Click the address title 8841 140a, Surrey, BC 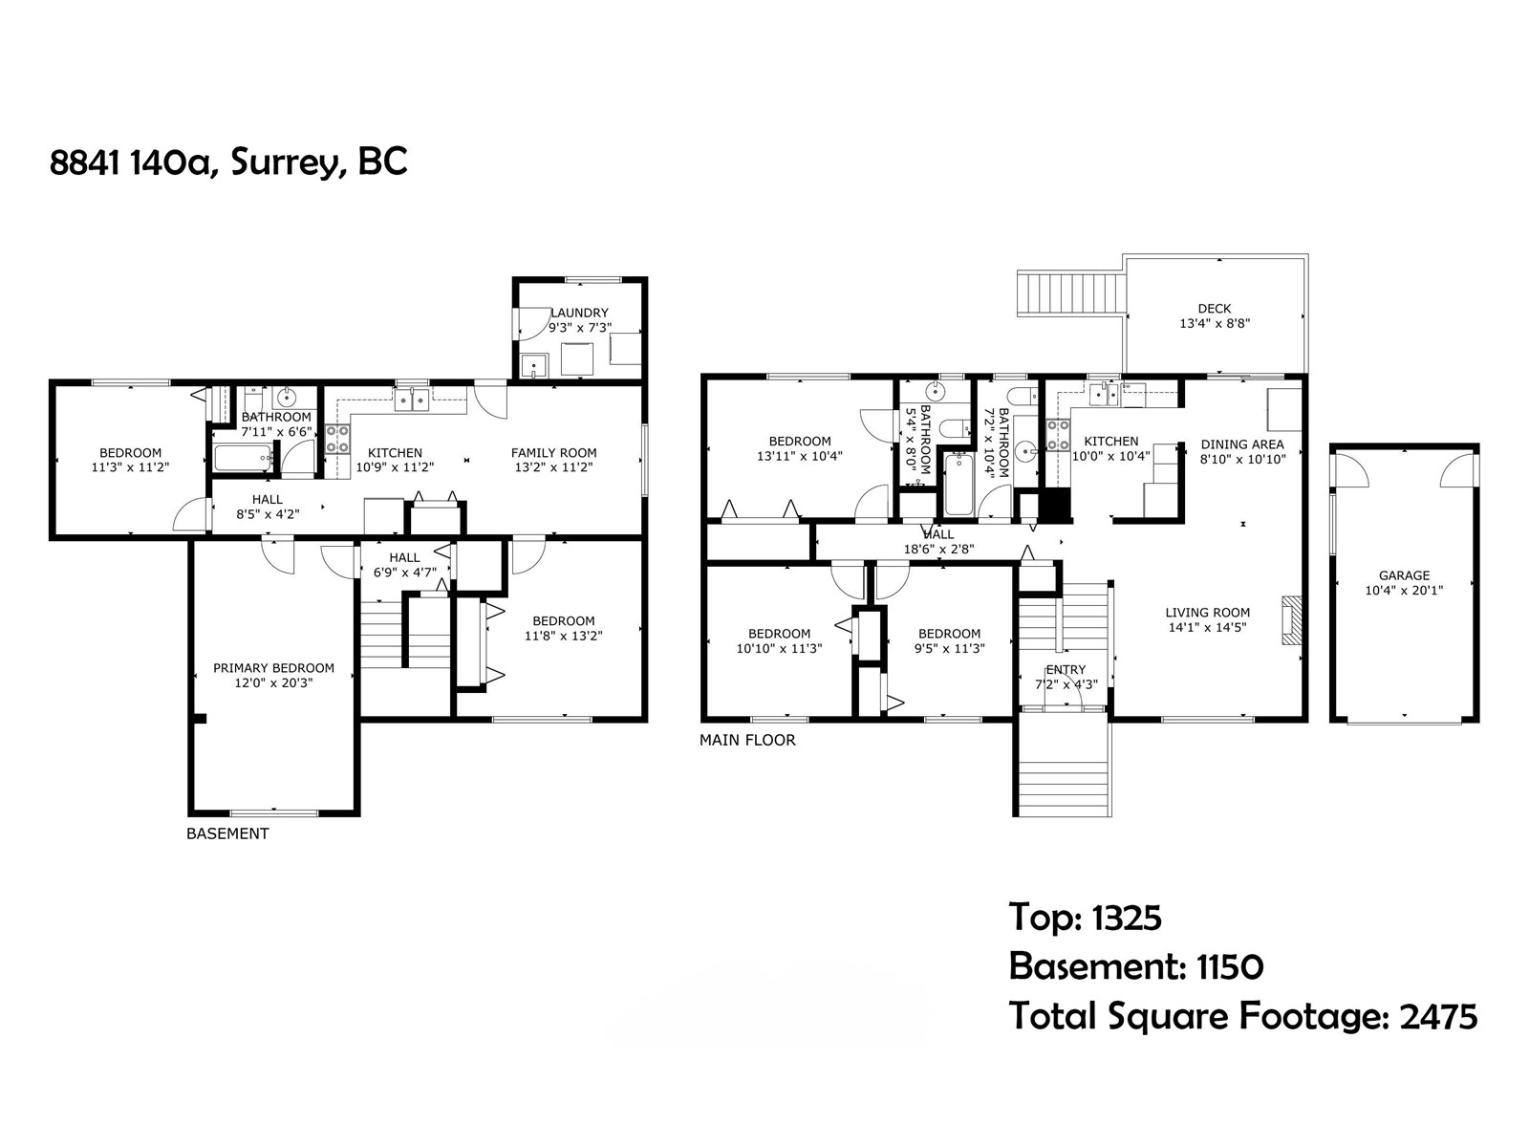tap(228, 162)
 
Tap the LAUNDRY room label tap(579, 313)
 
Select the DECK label tap(1214, 309)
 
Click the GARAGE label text tap(1404, 575)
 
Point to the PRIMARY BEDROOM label tap(273, 668)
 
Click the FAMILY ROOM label tap(553, 453)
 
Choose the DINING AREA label tap(1242, 444)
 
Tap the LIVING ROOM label tap(1207, 613)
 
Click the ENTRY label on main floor tap(1066, 670)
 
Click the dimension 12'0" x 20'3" tap(273, 683)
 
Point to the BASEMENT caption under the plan tap(227, 833)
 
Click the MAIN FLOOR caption tap(747, 740)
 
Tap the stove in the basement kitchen tap(337, 440)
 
